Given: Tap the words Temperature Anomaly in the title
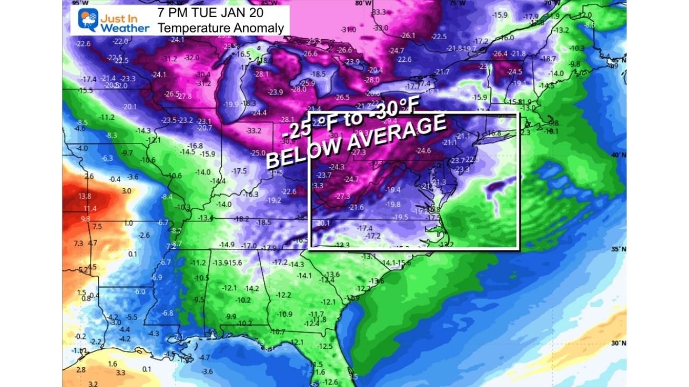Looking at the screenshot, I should [x=221, y=27].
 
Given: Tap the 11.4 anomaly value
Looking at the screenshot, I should [x=90, y=209].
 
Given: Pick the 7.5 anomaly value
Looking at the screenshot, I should [x=97, y=226].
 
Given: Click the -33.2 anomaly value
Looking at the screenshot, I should [x=253, y=131].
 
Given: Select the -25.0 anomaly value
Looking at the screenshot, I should [x=258, y=153].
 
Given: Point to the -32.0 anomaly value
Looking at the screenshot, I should [x=191, y=58].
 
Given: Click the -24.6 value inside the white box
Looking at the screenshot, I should [x=423, y=150].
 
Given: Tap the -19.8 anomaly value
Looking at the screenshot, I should [x=392, y=204].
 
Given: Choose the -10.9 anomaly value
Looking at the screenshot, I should [x=285, y=314].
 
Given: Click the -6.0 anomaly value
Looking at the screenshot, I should [x=139, y=291].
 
